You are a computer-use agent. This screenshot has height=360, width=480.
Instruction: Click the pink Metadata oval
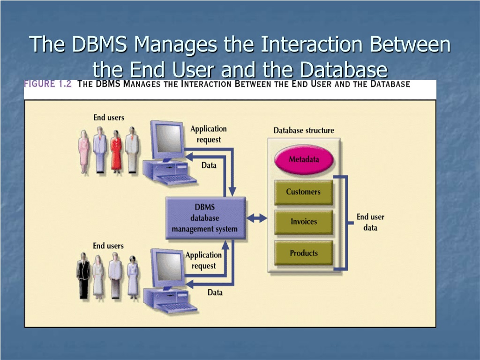pos(304,159)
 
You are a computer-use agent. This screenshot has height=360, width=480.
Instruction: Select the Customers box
pos(303,192)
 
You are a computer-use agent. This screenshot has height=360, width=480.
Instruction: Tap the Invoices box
pos(303,222)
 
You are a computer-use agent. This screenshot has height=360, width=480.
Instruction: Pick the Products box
pos(303,253)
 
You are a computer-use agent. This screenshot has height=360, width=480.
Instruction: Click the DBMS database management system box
pos(205,218)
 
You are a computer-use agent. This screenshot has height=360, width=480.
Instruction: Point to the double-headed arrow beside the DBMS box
pos(257,218)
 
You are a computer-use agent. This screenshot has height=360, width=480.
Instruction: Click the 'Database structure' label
pos(304,130)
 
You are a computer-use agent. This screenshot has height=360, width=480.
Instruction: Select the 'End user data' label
pos(370,222)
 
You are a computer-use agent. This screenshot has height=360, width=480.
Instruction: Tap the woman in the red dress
pos(116,150)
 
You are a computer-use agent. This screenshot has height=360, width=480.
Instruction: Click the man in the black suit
pos(83,276)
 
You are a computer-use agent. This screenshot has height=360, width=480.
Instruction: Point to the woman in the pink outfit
pos(83,151)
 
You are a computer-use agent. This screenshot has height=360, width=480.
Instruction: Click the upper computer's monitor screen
pos(169,138)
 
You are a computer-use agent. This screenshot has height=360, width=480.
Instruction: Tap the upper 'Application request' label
pos(209,134)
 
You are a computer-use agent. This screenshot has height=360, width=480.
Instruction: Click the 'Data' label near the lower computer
pos(215,292)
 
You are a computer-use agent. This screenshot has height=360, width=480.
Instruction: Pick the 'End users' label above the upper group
pos(109,118)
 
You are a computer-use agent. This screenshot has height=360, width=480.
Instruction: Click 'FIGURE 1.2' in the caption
pos(48,84)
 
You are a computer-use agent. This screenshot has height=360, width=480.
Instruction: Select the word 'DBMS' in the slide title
pos(99,44)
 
